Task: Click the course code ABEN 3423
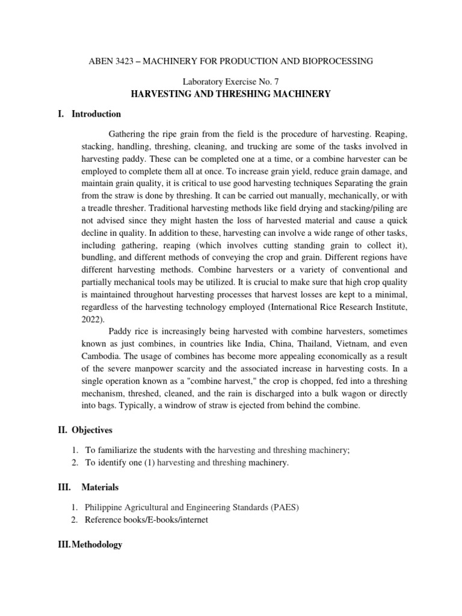110,61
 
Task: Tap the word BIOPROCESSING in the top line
337,61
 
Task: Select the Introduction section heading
96,114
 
